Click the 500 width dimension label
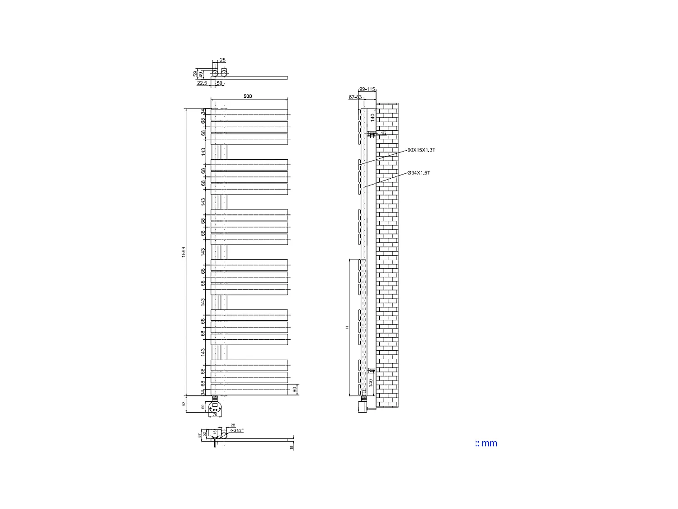248,96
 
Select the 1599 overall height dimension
184,252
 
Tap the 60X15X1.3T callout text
421,150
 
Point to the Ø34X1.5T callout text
419,173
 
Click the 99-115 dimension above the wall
367,90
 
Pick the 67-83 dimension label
355,97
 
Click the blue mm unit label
486,443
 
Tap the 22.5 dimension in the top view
202,83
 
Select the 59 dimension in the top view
195,73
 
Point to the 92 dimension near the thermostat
184,404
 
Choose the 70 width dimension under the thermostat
215,414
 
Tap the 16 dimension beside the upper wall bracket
383,133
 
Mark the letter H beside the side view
347,327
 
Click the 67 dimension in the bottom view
200,435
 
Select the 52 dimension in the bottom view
204,434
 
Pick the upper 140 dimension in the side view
372,117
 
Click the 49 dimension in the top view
201,74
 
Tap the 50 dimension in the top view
220,83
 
